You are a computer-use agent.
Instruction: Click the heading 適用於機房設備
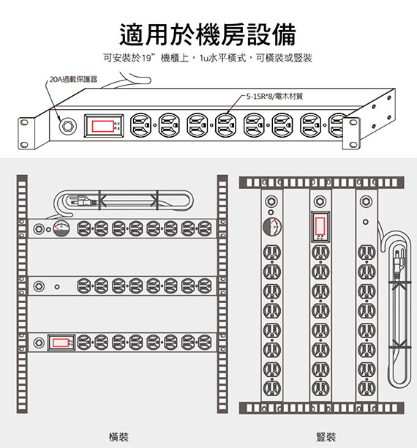(208, 35)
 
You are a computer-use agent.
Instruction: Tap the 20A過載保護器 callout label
(73, 79)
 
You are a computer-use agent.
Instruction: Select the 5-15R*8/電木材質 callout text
(274, 97)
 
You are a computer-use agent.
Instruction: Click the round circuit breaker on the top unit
(67, 126)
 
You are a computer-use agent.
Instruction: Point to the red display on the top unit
(102, 126)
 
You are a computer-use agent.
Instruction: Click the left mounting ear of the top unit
(26, 134)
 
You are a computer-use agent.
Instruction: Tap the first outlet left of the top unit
(140, 125)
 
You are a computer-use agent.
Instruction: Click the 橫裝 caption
(119, 437)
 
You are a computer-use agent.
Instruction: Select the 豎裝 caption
(326, 437)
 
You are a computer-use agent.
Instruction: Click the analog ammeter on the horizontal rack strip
(61, 229)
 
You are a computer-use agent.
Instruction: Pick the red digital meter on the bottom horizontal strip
(61, 343)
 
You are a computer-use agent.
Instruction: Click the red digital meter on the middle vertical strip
(320, 225)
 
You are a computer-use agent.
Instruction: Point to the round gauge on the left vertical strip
(272, 227)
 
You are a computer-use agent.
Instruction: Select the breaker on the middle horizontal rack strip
(39, 286)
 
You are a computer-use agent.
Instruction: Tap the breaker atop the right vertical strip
(366, 202)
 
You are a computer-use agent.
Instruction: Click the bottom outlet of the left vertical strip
(272, 388)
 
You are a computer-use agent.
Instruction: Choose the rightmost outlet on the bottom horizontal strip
(205, 343)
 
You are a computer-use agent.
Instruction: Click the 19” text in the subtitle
(149, 58)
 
